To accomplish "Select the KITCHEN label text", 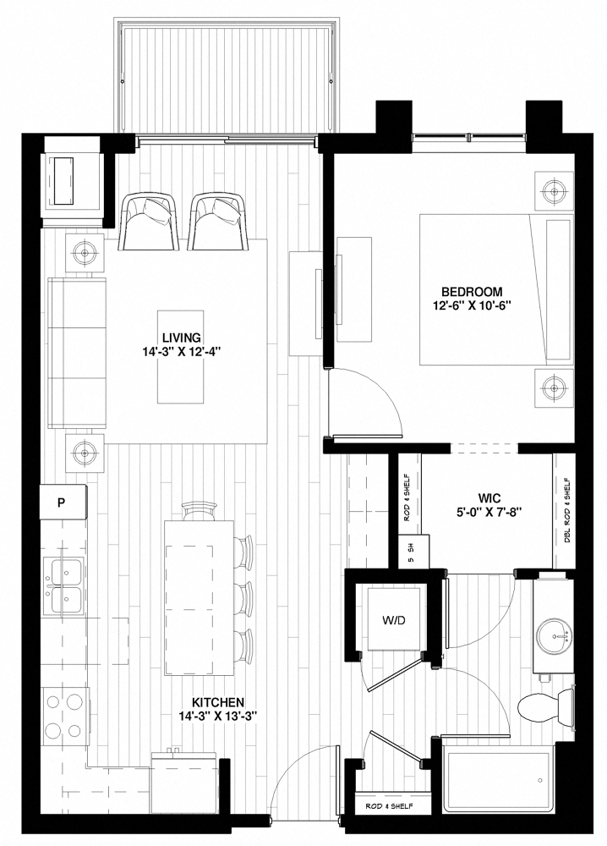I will [x=217, y=702].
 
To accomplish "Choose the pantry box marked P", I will [x=62, y=502].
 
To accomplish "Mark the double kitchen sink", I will [x=63, y=586].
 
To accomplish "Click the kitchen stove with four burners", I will [x=65, y=717].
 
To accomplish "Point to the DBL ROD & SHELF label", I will [x=565, y=512].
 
